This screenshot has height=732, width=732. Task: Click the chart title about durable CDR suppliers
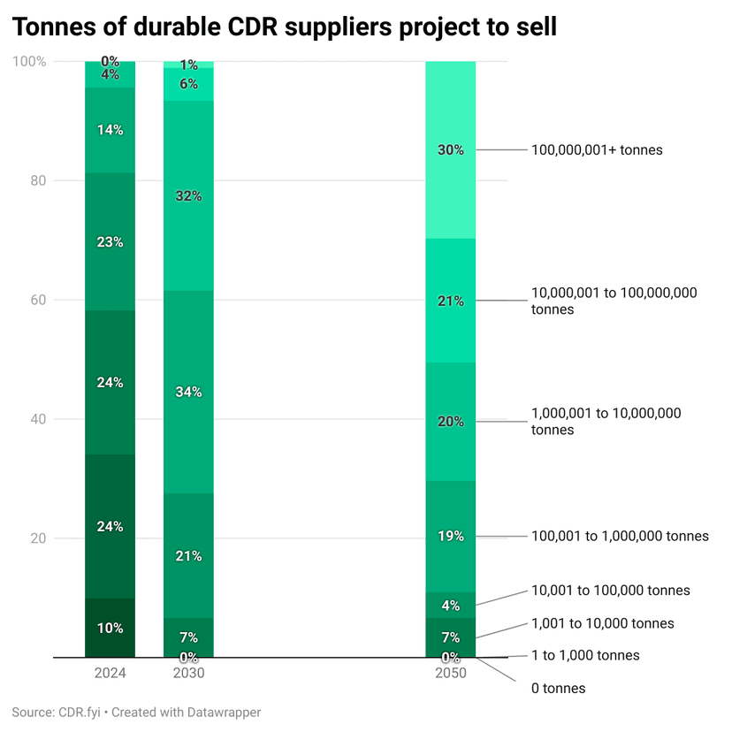click(285, 27)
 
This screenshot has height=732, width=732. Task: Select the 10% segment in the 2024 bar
click(111, 629)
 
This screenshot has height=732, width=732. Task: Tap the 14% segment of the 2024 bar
click(111, 130)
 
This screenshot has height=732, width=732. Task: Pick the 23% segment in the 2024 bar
click(111, 242)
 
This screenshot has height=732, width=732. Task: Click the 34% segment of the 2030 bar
click(188, 392)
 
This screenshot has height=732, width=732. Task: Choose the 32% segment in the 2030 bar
click(188, 196)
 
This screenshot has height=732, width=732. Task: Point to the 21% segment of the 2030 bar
click(188, 556)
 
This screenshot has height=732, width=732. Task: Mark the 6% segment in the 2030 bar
click(188, 83)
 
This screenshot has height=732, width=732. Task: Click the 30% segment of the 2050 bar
click(451, 150)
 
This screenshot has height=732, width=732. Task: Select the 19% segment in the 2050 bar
click(451, 536)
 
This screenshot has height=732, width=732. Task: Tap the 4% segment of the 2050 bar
click(451, 606)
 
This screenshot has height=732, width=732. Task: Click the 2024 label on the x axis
click(111, 673)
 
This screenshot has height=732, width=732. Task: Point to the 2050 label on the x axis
click(451, 673)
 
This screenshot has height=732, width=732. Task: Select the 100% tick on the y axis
click(32, 61)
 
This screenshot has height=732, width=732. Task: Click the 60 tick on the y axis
click(38, 300)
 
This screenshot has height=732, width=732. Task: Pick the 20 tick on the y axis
click(38, 538)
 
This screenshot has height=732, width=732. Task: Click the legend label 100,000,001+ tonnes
click(597, 150)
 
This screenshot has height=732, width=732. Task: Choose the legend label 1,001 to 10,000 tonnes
click(602, 623)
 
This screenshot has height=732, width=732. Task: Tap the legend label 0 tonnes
click(558, 688)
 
